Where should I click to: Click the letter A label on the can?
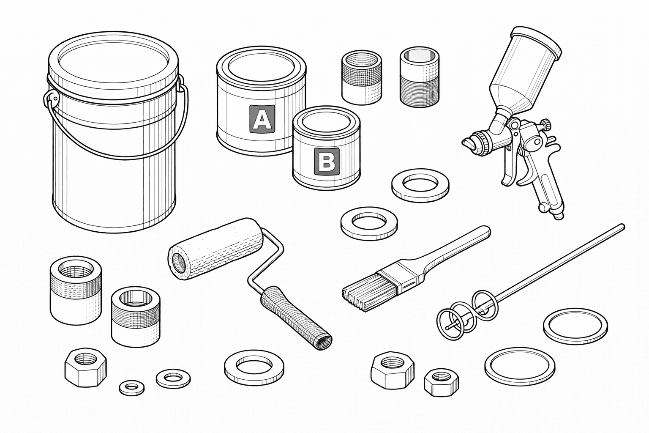pyautogui.click(x=262, y=119)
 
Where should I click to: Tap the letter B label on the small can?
pyautogui.click(x=327, y=162)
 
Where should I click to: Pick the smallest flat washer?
pyautogui.click(x=132, y=387)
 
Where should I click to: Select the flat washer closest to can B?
pyautogui.click(x=420, y=185)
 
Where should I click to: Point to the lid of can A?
pyautogui.click(x=262, y=69)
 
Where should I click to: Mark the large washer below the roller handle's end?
pyautogui.click(x=254, y=367)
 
